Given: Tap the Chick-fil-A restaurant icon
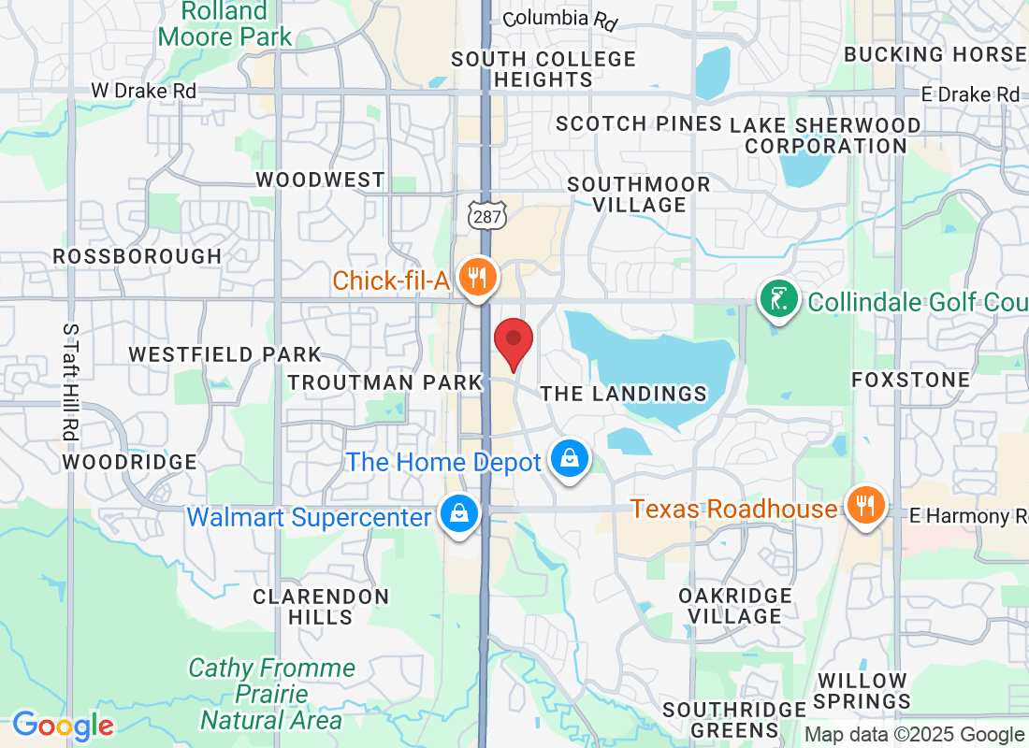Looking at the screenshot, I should click(479, 278).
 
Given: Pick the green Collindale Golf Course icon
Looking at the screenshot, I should click(776, 299).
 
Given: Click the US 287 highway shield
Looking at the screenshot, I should click(487, 215).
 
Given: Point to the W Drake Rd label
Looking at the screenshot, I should click(143, 92).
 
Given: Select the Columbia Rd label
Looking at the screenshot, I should click(560, 19).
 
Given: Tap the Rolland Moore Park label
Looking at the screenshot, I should click(225, 25).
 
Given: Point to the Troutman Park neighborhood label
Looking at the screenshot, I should click(384, 382).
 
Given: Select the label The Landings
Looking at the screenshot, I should click(624, 394).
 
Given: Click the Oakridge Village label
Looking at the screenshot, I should click(735, 606).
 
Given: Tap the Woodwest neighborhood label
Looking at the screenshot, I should click(320, 180).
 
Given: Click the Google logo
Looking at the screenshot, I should click(63, 725).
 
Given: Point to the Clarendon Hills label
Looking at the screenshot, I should click(321, 606).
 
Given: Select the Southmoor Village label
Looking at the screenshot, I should click(639, 194).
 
